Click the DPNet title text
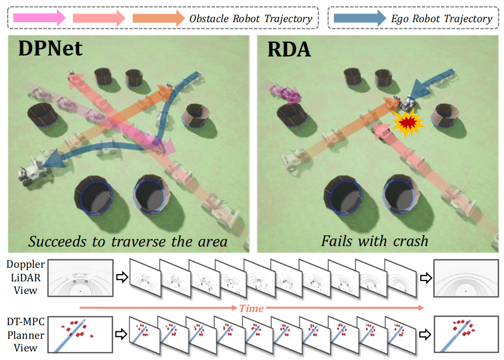click(50, 48)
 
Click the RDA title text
click(289, 49)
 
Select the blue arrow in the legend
click(360, 18)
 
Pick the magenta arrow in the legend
click(39, 18)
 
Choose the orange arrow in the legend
click(158, 18)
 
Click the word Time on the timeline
click(251, 308)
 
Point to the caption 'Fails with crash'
click(375, 241)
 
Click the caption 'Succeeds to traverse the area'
click(128, 242)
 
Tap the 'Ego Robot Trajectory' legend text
click(441, 19)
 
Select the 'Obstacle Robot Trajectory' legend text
click(251, 19)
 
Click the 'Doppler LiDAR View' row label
click(25, 277)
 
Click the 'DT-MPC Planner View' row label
click(25, 335)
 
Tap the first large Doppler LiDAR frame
click(80, 278)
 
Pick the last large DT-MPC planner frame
click(466, 334)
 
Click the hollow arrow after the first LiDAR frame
click(122, 277)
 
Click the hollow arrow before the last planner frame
click(425, 335)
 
